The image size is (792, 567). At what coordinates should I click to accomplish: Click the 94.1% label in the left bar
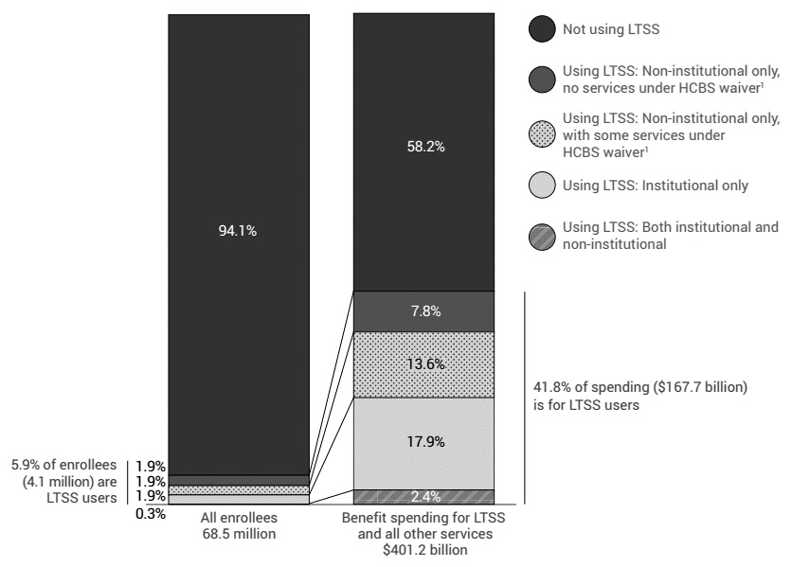click(x=238, y=233)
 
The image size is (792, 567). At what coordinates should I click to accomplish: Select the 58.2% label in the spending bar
click(x=423, y=148)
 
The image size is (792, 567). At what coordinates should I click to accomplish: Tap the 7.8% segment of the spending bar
click(x=423, y=311)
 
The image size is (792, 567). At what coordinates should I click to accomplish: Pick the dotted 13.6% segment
click(x=423, y=364)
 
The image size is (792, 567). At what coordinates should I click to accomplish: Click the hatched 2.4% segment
click(x=423, y=497)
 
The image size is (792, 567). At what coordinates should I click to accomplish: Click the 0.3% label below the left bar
click(x=151, y=514)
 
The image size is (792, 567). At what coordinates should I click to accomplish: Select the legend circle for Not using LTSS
click(x=541, y=30)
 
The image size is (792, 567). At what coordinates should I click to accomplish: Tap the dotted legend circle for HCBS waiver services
click(x=541, y=134)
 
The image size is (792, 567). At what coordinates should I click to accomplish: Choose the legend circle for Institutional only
click(x=541, y=186)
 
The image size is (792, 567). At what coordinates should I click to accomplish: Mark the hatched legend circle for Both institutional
click(x=541, y=236)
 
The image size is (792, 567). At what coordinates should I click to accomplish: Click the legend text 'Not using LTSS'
click(x=610, y=30)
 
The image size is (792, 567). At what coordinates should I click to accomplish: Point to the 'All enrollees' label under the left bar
click(x=238, y=519)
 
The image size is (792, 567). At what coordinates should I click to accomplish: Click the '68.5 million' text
click(x=238, y=535)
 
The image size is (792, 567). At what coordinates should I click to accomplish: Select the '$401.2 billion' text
click(x=423, y=551)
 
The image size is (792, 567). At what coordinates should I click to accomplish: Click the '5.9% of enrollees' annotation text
click(x=63, y=465)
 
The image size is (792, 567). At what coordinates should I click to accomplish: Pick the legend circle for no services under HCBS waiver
click(x=541, y=80)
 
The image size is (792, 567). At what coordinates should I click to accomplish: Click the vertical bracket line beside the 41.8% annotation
click(x=524, y=398)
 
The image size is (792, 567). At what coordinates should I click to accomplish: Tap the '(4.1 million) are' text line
click(x=69, y=481)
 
